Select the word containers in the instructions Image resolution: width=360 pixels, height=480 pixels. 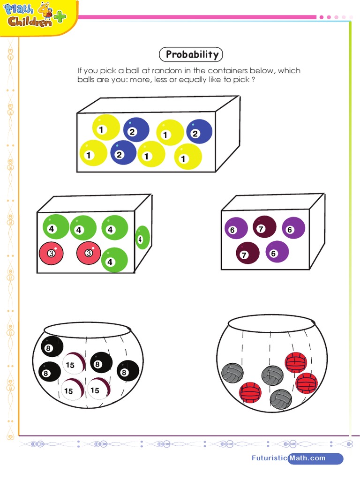(x=228, y=71)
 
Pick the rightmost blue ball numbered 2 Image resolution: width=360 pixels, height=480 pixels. (x=199, y=132)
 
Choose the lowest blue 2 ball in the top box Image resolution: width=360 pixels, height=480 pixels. (x=123, y=153)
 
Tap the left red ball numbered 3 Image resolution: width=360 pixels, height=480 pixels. (x=51, y=253)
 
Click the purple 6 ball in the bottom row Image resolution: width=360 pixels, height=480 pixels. (x=277, y=252)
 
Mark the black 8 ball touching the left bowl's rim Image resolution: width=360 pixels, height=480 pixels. (x=52, y=347)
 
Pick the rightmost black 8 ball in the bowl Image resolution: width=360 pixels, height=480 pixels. (x=127, y=372)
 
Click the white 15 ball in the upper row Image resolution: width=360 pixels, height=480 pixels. (x=73, y=364)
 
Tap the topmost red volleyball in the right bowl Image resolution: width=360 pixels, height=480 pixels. (x=296, y=362)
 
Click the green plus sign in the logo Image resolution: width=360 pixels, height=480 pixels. (x=60, y=17)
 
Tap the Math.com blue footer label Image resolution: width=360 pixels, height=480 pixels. (x=315, y=458)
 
